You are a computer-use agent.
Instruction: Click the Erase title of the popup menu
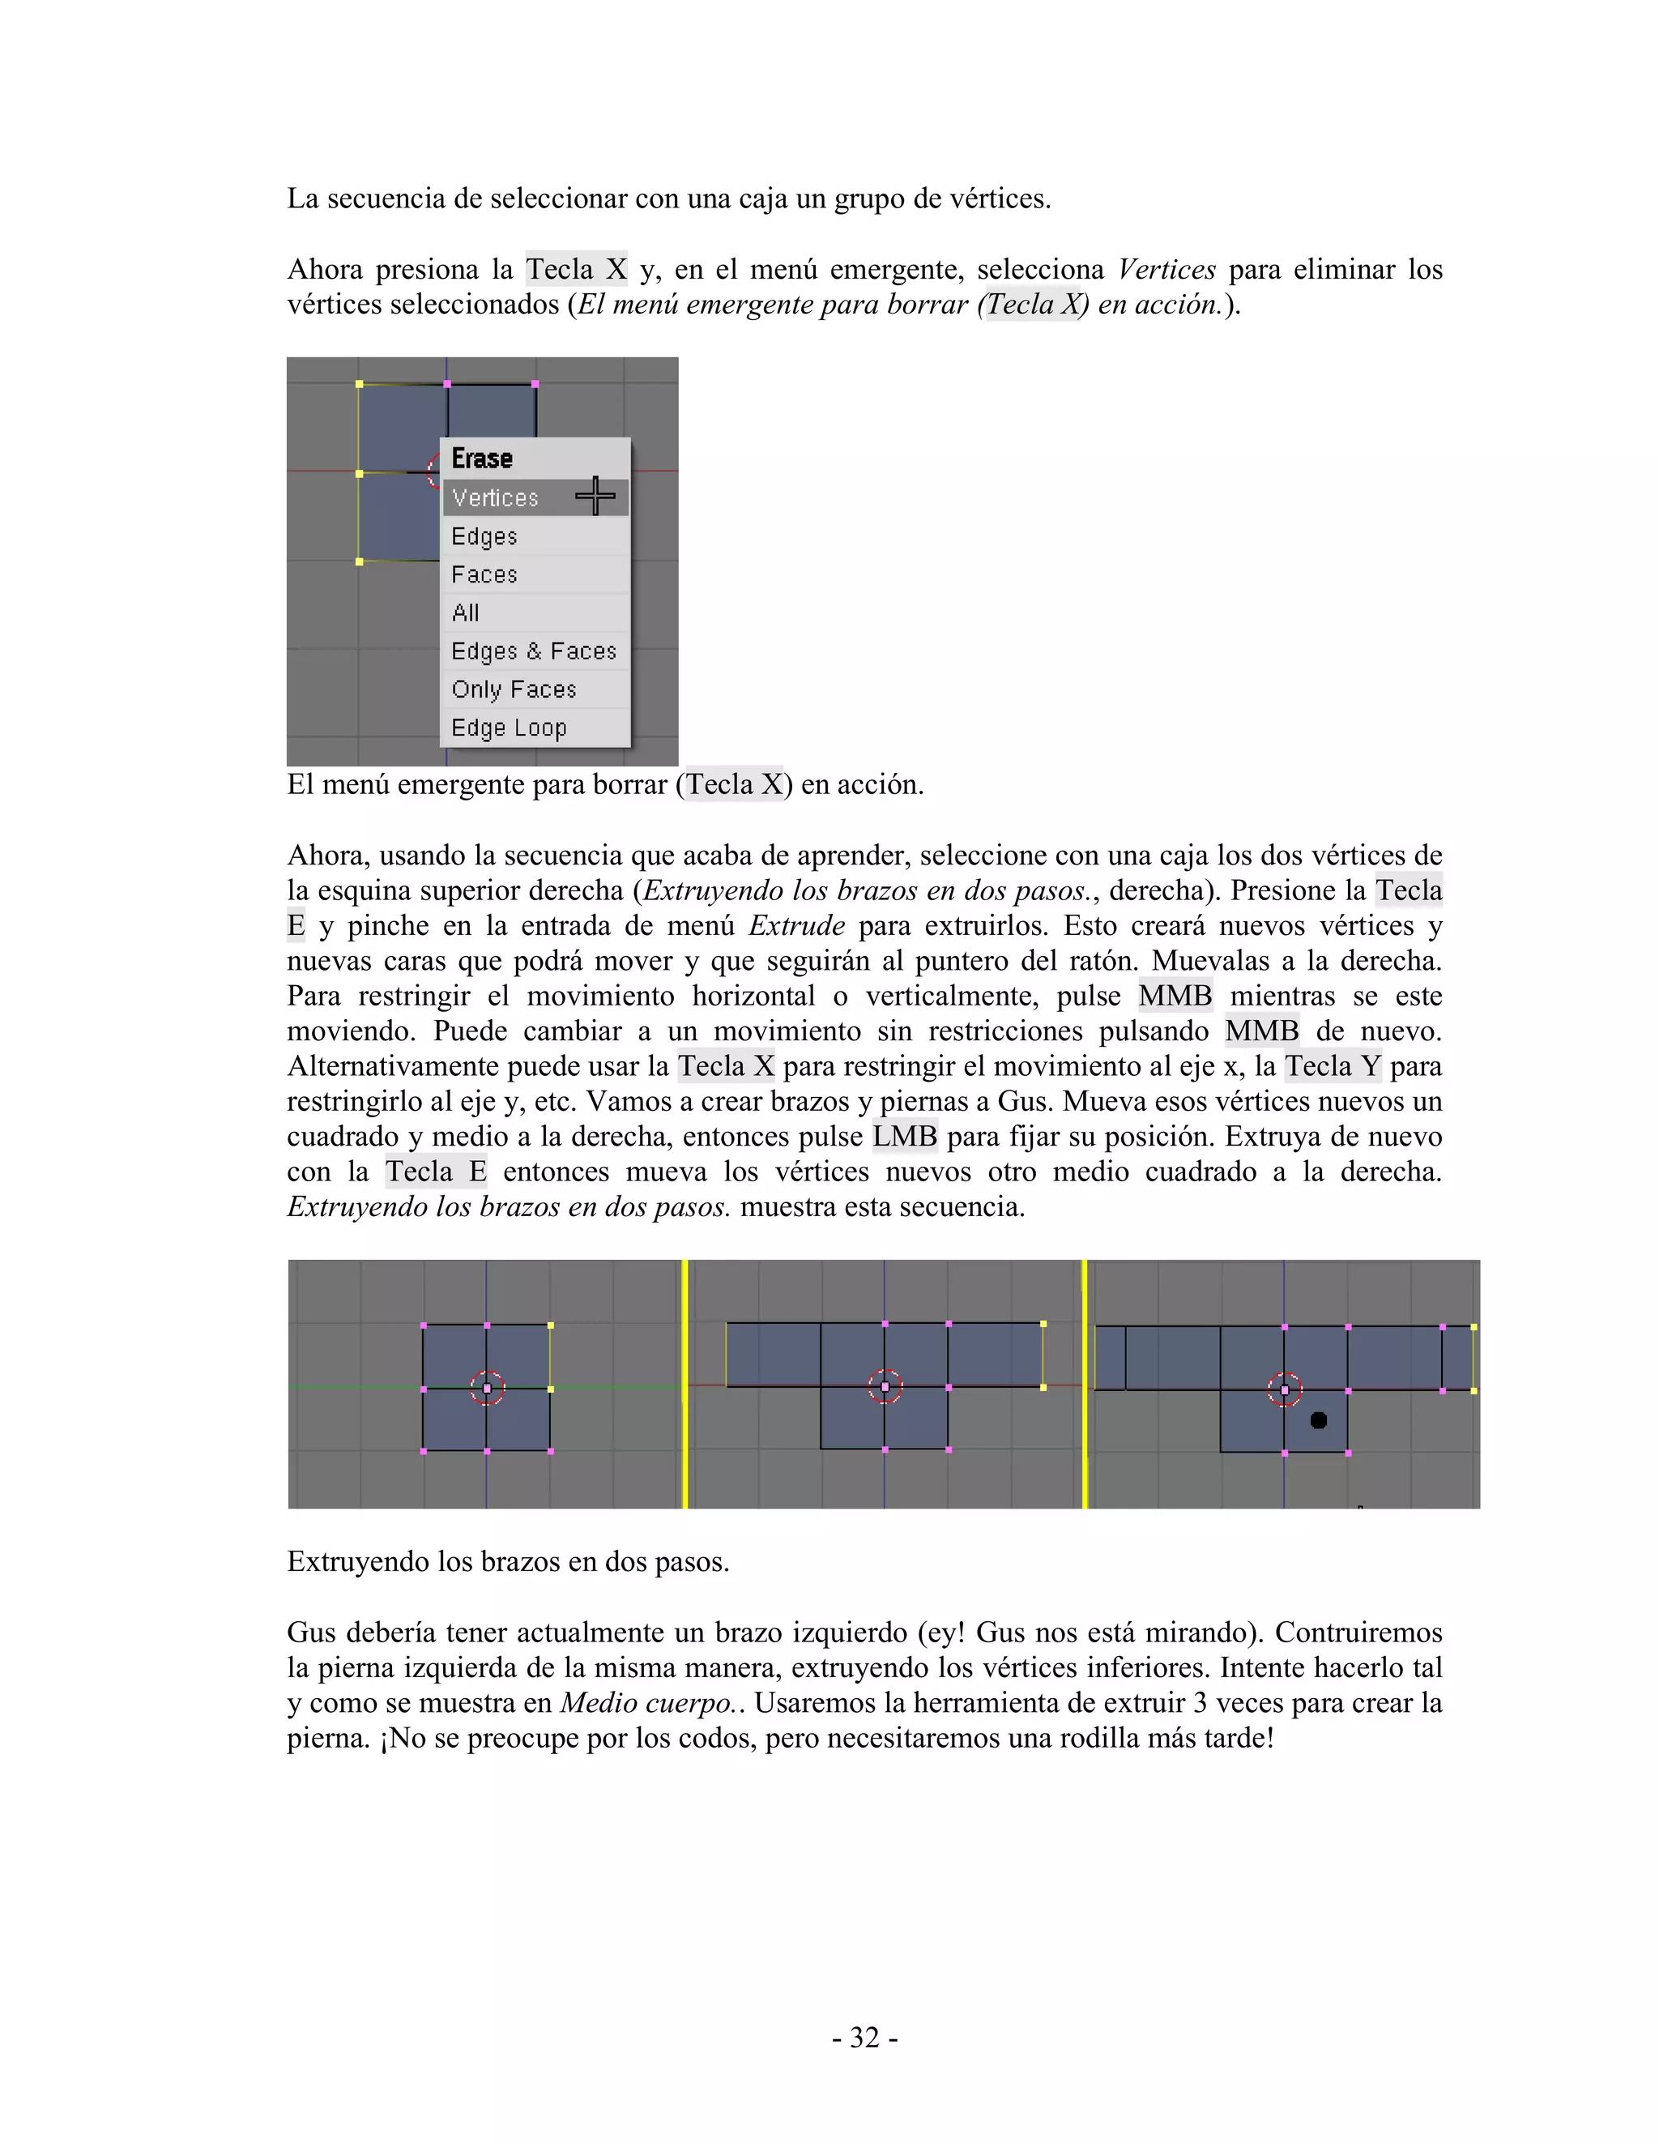482,458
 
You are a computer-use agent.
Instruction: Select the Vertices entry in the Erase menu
495,497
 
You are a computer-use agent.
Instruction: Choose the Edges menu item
484,536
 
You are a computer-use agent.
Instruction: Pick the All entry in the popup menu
466,613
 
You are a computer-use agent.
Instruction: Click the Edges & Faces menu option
534,651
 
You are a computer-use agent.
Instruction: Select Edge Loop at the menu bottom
509,728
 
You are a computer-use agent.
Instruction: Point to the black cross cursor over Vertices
595,496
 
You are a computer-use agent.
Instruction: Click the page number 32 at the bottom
864,2037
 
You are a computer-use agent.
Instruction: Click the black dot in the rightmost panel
1319,1419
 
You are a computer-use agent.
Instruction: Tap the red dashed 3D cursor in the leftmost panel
487,1388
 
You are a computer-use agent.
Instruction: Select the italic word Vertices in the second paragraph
1166,269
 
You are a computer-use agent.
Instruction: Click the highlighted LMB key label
905,1137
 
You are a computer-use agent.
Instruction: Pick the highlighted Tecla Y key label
1333,1065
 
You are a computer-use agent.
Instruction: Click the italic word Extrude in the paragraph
796,925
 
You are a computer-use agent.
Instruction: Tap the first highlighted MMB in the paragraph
1175,996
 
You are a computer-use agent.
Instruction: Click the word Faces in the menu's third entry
484,574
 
